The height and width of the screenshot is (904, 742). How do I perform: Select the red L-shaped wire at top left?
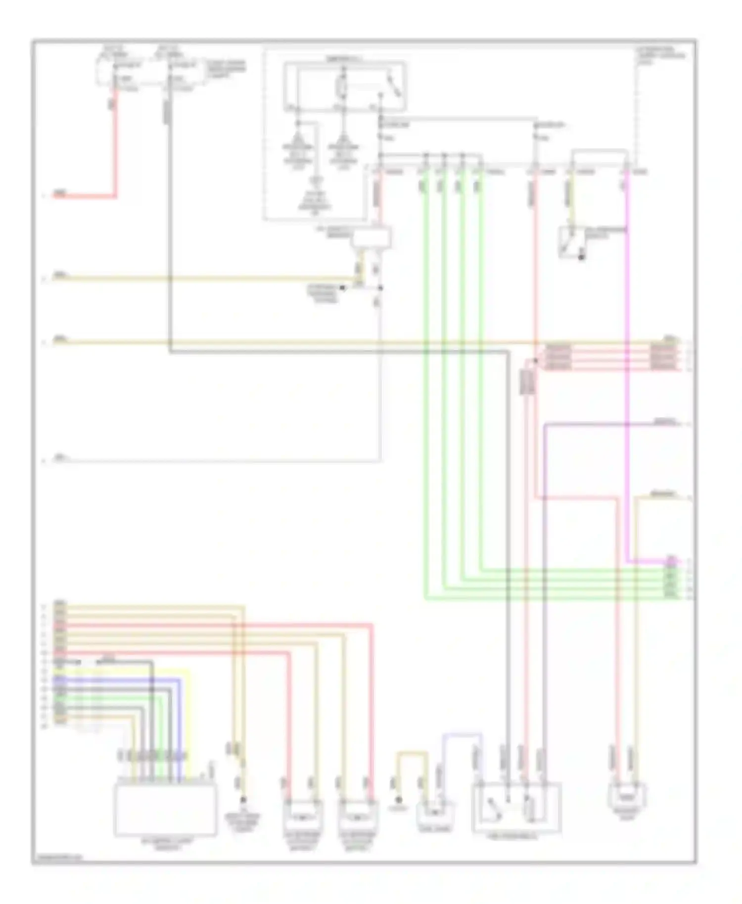point(115,148)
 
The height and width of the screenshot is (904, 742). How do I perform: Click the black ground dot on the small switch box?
point(582,258)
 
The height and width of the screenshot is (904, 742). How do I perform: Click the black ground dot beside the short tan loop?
point(399,800)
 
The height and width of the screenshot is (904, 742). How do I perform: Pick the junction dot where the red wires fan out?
point(535,361)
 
